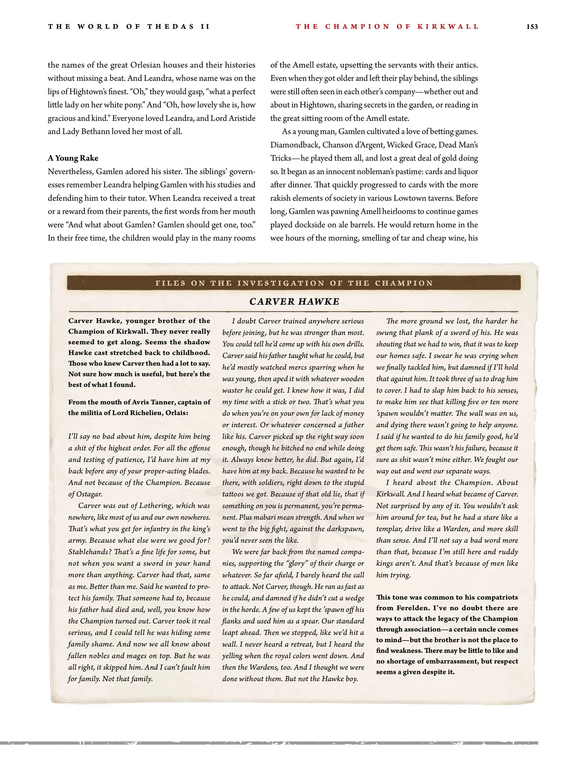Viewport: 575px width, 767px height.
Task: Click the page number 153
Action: [532, 27]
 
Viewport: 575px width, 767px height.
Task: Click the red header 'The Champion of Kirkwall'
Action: [387, 27]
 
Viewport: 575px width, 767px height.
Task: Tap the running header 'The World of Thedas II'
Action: [129, 27]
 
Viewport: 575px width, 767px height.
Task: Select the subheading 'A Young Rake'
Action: [73, 158]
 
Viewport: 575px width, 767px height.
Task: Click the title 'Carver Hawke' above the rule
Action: [294, 302]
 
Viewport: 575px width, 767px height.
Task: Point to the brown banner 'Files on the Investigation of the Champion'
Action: [294, 283]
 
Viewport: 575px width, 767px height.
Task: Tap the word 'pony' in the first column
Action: [129, 105]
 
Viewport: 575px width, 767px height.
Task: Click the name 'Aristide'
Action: [242, 118]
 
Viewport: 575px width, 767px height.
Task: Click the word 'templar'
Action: [388, 529]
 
